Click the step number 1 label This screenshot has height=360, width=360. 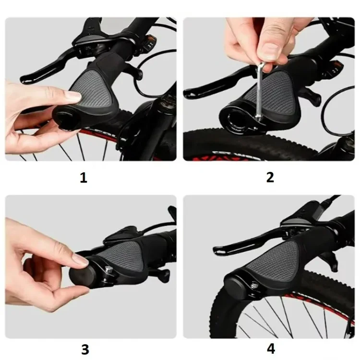(x=84, y=178)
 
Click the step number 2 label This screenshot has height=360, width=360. (x=270, y=178)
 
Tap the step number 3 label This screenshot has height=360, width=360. (x=85, y=349)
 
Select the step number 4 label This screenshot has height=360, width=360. (x=271, y=349)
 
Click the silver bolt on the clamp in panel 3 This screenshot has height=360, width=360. (x=108, y=270)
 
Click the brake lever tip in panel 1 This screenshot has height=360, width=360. (x=25, y=79)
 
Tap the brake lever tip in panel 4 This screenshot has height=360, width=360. (x=218, y=250)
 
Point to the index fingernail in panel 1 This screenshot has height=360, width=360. (x=73, y=96)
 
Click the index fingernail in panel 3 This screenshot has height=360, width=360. (x=80, y=259)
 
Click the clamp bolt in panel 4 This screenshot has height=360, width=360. (x=254, y=285)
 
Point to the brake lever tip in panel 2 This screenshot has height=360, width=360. (x=188, y=94)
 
